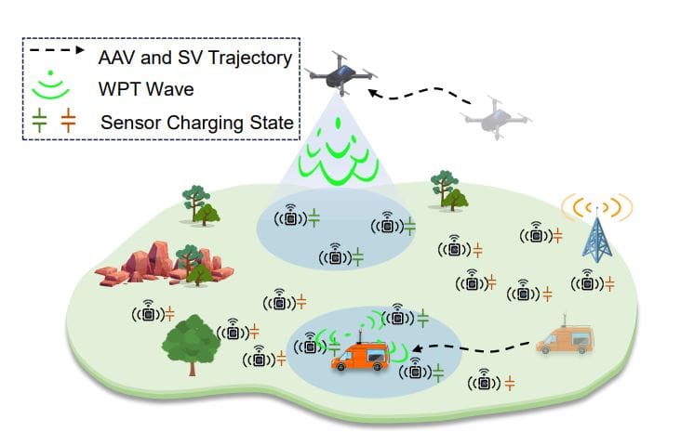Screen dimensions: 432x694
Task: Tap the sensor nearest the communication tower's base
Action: [x=586, y=280]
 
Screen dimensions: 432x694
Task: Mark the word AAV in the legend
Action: [x=115, y=58]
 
